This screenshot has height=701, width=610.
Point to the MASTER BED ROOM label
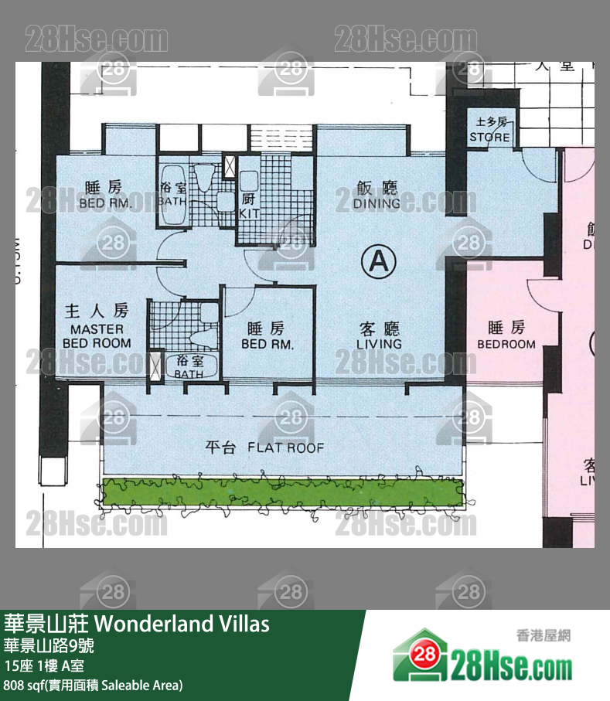click(x=96, y=335)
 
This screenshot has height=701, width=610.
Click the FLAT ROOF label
click(x=264, y=447)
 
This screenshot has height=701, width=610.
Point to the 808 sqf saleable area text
click(x=94, y=685)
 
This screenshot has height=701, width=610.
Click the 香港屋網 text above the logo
click(x=543, y=635)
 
